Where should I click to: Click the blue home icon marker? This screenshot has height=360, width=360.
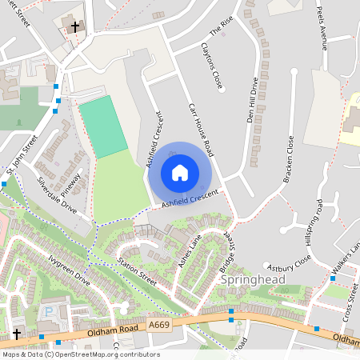(180, 172)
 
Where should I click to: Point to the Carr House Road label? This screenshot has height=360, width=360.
(202, 130)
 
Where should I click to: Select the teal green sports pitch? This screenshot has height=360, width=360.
(103, 126)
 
